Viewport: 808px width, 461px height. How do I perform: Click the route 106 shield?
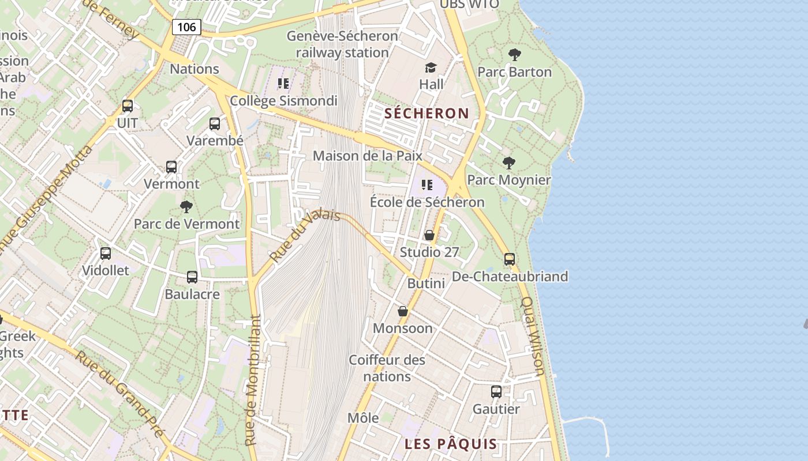click(186, 27)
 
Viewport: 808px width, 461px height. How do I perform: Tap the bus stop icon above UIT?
click(128, 106)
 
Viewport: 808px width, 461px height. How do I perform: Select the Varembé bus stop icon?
click(215, 123)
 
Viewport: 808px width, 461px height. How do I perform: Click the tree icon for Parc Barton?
click(515, 55)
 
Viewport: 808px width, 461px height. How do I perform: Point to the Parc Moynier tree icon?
click(508, 163)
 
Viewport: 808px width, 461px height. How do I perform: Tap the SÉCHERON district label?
click(427, 113)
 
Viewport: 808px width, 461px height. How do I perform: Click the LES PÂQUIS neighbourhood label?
click(451, 444)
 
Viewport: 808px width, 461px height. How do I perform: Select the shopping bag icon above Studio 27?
click(429, 235)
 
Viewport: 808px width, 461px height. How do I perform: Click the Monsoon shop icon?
click(403, 311)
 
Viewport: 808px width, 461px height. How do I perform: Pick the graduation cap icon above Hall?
click(431, 68)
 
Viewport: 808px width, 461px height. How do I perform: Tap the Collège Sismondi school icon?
click(283, 84)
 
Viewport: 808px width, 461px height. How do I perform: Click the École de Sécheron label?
click(427, 202)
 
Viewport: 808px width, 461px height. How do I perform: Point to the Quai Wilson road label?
click(533, 336)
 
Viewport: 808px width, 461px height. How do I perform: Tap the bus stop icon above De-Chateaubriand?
click(510, 259)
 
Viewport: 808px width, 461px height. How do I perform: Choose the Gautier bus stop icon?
click(496, 392)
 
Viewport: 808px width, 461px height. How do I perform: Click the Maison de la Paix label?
click(368, 156)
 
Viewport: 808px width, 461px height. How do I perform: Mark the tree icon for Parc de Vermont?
click(186, 206)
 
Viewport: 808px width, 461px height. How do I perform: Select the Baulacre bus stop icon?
click(192, 277)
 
